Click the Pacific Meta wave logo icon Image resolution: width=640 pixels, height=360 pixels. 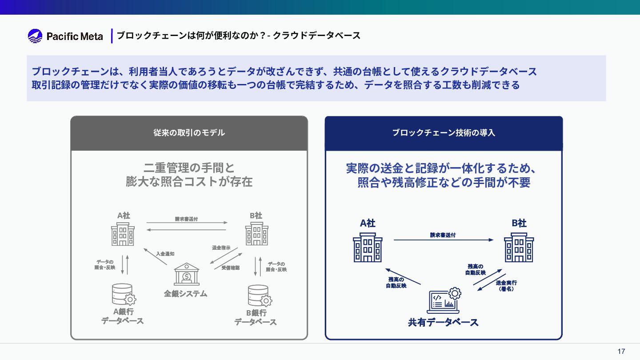tap(35, 36)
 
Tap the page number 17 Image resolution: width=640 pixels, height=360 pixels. tap(621, 352)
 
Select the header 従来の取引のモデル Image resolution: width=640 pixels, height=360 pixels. tap(189, 133)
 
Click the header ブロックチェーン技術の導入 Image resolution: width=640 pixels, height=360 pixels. tap(443, 133)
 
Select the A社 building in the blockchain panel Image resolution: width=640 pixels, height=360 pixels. tap(368, 248)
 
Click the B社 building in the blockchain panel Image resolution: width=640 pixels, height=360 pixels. tap(519, 248)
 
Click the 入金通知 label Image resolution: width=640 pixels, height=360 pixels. tap(165, 254)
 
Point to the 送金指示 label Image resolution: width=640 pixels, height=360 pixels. tap(221, 248)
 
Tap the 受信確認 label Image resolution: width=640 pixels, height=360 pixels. tap(230, 268)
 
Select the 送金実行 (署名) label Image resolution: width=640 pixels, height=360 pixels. tap(506, 285)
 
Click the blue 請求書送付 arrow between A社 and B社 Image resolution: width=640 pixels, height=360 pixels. tap(443, 240)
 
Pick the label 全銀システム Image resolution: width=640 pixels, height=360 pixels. tap(185, 294)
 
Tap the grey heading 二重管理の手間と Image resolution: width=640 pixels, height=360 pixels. tap(189, 168)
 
